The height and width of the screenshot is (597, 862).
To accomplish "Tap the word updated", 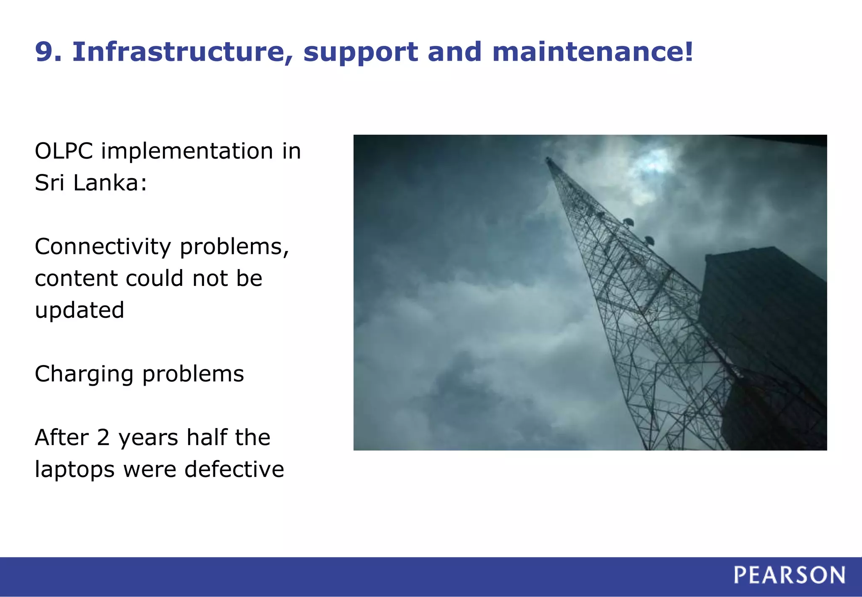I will pos(80,311).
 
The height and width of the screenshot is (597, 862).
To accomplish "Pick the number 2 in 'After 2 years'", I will pos(103,438).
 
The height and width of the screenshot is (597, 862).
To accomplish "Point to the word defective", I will pos(234,469).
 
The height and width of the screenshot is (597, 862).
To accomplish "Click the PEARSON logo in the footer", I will pos(789,575).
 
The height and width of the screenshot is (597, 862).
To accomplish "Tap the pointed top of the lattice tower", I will pos(547,159).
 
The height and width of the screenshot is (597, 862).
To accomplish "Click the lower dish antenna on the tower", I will pos(649,240).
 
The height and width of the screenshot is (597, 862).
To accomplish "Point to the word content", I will pos(76,279).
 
